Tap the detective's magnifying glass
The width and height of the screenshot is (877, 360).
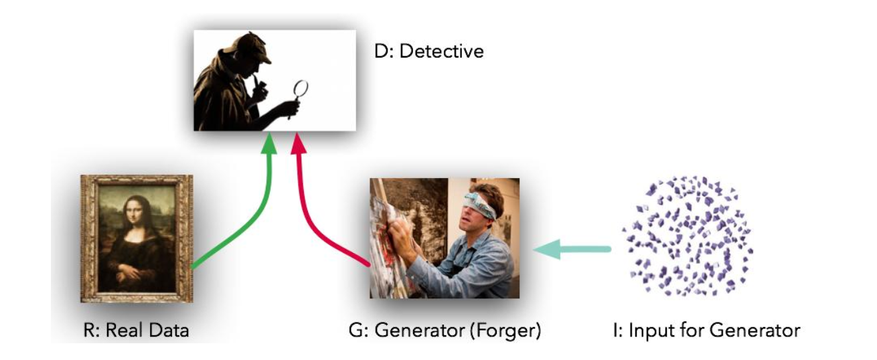(x=301, y=90)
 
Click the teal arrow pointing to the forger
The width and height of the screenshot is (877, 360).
(x=572, y=250)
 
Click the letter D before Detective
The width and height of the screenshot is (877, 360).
(x=381, y=52)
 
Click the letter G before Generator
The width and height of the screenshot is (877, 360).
(x=355, y=330)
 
